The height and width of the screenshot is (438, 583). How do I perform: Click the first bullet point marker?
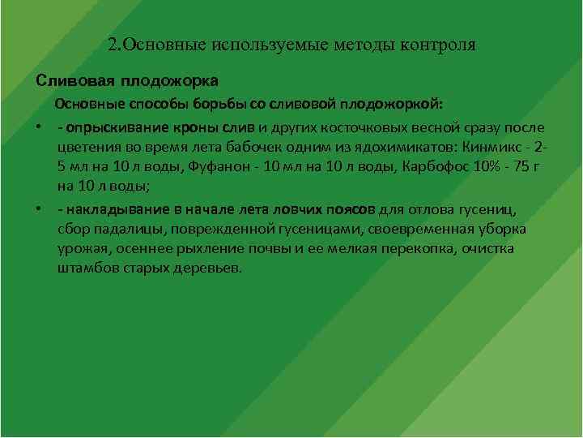pyautogui.click(x=39, y=128)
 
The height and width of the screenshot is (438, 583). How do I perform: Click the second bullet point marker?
pyautogui.click(x=39, y=209)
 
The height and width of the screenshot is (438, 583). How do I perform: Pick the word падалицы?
pyautogui.click(x=124, y=229)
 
